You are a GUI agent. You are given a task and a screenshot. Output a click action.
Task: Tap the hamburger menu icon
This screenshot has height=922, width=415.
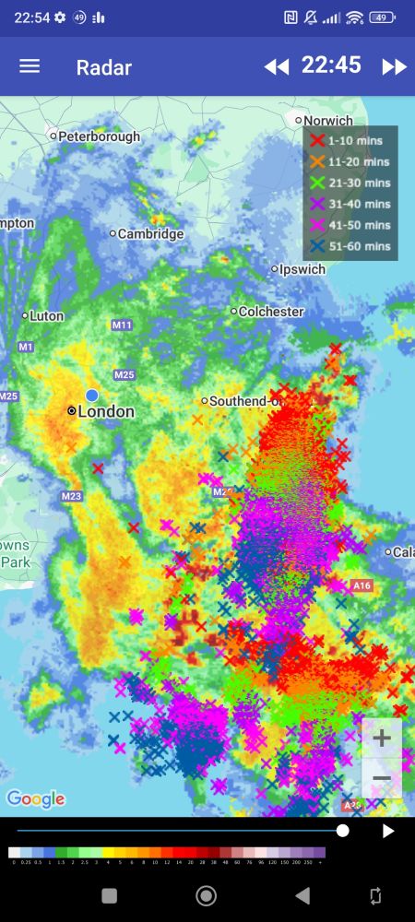click(30, 66)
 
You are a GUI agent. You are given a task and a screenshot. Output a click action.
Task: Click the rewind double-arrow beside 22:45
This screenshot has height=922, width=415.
click(276, 66)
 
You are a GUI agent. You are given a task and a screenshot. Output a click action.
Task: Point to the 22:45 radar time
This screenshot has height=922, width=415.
click(331, 65)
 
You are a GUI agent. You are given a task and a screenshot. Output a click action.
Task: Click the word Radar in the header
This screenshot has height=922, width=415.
click(103, 67)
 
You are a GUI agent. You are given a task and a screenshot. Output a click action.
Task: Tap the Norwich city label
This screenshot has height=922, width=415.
click(328, 121)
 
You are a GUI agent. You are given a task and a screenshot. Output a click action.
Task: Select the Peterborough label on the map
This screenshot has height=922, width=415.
click(100, 136)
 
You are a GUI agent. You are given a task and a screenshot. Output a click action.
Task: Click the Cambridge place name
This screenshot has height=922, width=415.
click(150, 234)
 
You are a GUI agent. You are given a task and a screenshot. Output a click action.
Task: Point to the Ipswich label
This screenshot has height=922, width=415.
click(303, 270)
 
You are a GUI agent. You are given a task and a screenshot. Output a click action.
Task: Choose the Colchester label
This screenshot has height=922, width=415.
click(271, 312)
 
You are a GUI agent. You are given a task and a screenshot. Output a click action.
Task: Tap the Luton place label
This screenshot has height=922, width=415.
click(46, 315)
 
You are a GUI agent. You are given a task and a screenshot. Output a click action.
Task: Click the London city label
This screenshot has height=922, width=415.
click(106, 411)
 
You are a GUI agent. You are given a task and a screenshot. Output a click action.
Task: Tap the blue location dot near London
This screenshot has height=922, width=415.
click(91, 396)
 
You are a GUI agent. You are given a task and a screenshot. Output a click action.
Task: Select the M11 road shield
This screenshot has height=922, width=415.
click(123, 325)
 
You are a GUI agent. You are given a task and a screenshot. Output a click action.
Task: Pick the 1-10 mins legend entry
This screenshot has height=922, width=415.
click(350, 140)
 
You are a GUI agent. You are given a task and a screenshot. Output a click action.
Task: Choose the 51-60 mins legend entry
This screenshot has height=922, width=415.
click(350, 246)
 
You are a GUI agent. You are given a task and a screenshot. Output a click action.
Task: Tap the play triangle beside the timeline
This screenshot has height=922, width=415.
click(388, 831)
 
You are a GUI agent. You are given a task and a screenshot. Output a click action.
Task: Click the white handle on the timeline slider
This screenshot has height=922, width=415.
click(342, 831)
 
